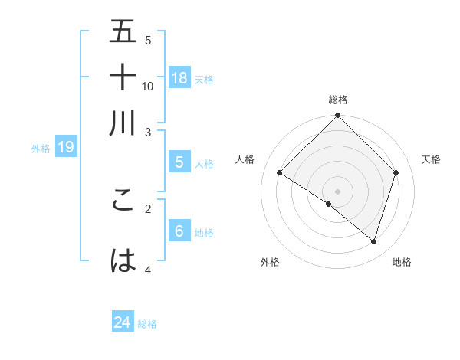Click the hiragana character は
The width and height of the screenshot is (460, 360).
[123, 260]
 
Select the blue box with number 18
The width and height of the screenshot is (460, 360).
[179, 77]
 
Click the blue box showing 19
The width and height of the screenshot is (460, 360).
[66, 148]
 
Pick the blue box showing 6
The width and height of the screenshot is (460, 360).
[179, 231]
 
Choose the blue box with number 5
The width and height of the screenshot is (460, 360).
[179, 162]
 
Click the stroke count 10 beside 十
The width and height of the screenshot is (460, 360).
[148, 86]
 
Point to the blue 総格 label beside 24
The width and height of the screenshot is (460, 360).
[147, 324]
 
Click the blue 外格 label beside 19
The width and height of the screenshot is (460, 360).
[41, 149]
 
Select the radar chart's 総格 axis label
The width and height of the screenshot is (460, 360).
[338, 100]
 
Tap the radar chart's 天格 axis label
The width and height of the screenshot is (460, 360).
[431, 159]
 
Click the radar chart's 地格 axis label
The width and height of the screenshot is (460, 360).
[402, 262]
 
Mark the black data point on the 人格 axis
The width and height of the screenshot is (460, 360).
[280, 173]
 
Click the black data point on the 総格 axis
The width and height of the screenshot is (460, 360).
[338, 116]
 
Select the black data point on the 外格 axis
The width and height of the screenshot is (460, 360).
[329, 204]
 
